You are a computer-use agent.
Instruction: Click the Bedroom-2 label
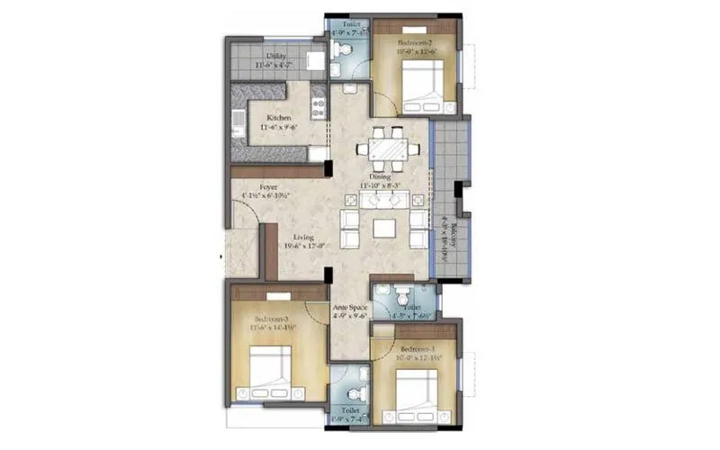[x=415, y=41]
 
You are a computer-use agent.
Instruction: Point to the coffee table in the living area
[x=384, y=229]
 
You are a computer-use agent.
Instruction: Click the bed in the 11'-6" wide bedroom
[x=267, y=370]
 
